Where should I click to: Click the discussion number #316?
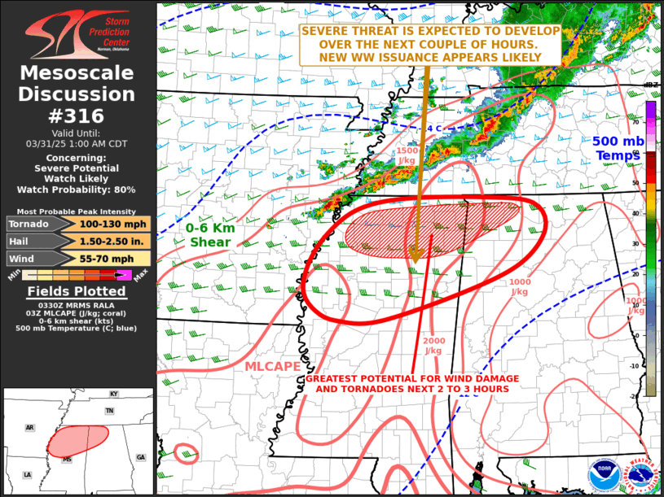pos(77,116)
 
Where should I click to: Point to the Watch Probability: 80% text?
pos(77,190)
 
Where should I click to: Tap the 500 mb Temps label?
pos(618,148)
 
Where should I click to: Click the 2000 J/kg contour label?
pos(433,346)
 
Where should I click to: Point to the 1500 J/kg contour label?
pos(408,155)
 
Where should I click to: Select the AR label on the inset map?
pos(30,427)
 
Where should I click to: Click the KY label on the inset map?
pos(113,394)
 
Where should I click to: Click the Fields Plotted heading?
pos(77,291)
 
